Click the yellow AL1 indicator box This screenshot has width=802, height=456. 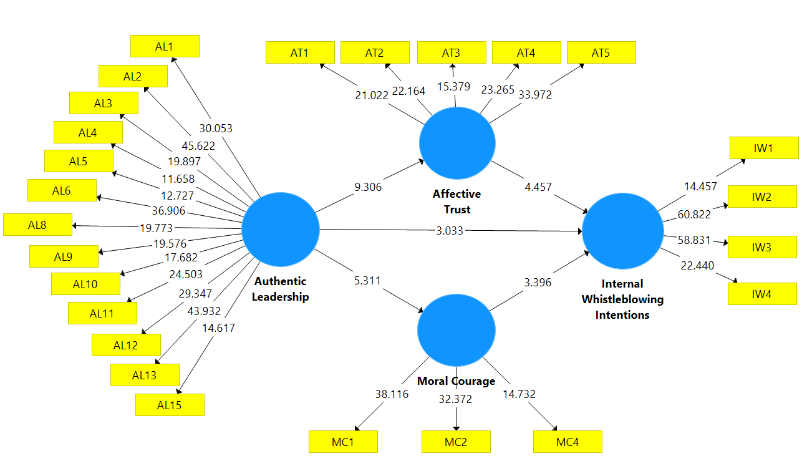coord(165,46)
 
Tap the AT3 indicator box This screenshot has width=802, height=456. coord(451,53)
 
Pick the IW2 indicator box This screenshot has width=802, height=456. coord(762,197)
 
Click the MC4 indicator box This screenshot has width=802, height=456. coord(568,442)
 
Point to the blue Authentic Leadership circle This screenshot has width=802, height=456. coord(281,230)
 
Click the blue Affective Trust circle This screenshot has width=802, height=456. coord(457,143)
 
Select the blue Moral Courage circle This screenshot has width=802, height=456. coord(456,330)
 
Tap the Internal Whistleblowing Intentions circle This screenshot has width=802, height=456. coord(622,230)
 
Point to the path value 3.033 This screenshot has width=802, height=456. coord(450,231)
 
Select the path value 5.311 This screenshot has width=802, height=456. coord(367,281)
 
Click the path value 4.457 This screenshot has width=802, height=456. coord(538,187)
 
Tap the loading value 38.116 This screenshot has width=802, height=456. coord(392,394)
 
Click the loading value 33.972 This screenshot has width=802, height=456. coord(535,95)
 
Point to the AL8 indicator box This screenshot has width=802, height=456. coord(37,225)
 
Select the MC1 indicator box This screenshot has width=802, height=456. coord(343,442)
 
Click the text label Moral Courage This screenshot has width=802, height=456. coord(456,381)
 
